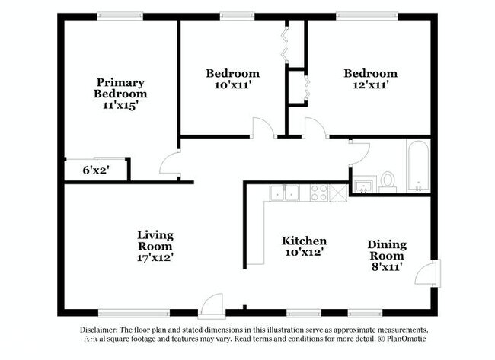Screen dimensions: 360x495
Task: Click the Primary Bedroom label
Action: [x=121, y=88]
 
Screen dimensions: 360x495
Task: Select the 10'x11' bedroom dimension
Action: [x=232, y=85]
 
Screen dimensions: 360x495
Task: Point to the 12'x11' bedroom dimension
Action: [x=370, y=85]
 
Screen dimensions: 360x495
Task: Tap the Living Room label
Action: [x=155, y=241]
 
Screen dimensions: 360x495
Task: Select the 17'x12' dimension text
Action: [x=155, y=258]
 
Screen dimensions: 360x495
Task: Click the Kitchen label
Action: [x=305, y=241]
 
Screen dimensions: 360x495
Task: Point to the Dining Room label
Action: [x=387, y=250]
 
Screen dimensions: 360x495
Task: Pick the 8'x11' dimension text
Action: [x=387, y=267]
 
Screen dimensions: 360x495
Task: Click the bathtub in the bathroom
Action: [x=417, y=166]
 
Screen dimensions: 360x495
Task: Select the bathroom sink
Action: [x=362, y=186]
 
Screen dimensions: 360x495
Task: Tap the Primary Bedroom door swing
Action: [x=171, y=162]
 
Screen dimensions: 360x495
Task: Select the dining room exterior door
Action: [x=432, y=272]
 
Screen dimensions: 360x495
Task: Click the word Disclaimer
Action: [x=100, y=330]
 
